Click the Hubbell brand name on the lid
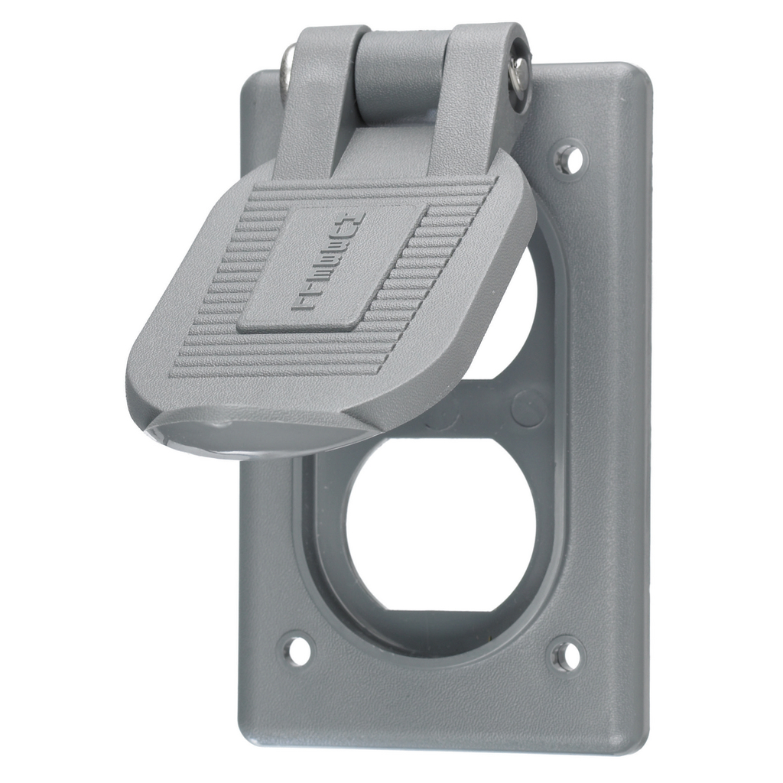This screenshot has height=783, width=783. point(330,262)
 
